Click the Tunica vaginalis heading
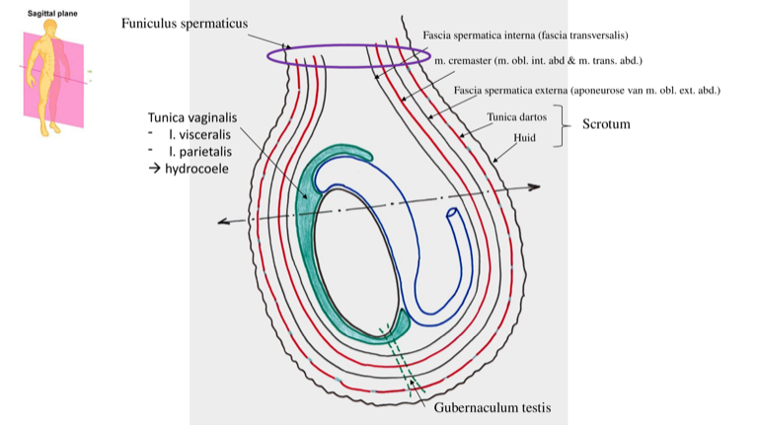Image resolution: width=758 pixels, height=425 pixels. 192,118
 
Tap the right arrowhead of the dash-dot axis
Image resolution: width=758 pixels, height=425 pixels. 534,186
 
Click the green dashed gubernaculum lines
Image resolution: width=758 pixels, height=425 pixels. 401,365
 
